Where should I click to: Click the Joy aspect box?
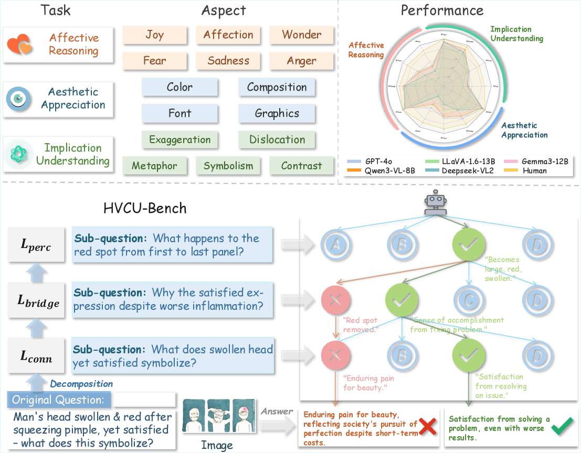(x=155, y=35)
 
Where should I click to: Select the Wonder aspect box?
(x=301, y=35)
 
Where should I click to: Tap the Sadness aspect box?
(x=228, y=61)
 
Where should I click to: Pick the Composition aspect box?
(x=277, y=87)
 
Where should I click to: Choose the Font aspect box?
(x=179, y=113)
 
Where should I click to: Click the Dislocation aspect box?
(x=277, y=139)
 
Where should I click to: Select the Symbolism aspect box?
(x=228, y=166)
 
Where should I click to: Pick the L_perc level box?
(x=36, y=246)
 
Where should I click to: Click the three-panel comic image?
(x=217, y=418)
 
